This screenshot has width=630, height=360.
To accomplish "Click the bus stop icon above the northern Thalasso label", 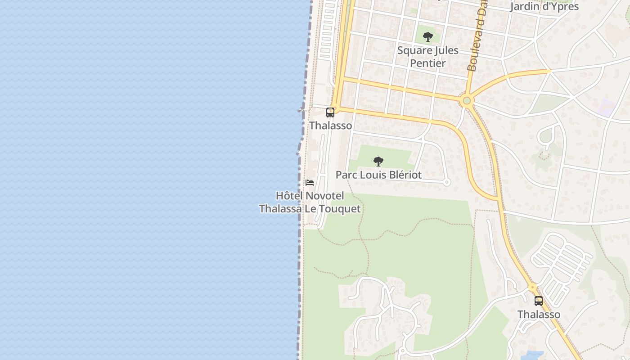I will click(330, 112).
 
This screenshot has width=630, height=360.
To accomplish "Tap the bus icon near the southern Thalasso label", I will click(539, 301).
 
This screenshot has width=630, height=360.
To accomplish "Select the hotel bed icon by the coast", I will click(310, 183).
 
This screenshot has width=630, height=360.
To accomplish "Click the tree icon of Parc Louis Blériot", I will click(378, 161).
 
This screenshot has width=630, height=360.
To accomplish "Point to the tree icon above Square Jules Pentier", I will click(428, 36).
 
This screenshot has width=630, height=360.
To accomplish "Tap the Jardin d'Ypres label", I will click(544, 6).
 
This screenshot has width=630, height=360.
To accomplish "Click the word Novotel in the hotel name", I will click(324, 196).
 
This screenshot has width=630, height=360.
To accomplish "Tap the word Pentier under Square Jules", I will click(427, 63).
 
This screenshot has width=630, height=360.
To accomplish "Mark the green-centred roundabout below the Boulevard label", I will click(467, 101).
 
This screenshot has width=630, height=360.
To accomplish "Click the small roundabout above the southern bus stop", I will click(532, 287).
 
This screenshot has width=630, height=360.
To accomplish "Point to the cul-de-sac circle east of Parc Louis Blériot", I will click(447, 182).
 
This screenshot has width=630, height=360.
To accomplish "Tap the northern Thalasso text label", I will click(330, 126).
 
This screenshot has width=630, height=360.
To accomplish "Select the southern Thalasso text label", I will click(539, 314).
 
